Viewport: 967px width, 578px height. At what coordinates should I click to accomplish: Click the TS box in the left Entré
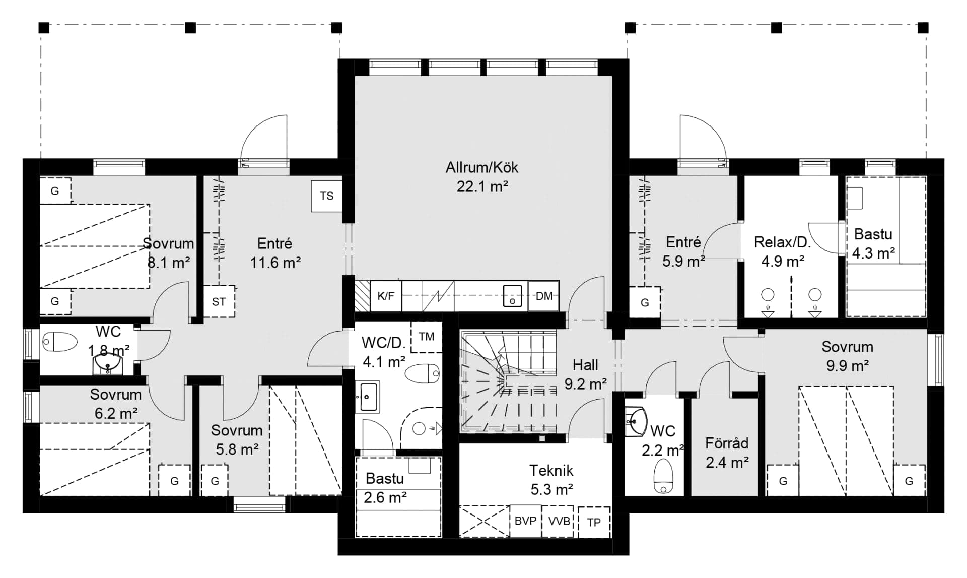327,196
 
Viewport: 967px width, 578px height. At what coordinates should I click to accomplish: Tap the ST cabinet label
219,302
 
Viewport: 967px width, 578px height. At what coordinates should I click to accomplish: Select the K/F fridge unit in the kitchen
386,296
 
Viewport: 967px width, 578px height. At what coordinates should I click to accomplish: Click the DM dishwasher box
544,296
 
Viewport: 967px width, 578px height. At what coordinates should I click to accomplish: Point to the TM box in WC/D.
427,337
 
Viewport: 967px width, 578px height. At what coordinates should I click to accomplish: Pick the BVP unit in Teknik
525,521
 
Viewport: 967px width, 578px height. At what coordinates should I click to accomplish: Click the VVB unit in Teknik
559,521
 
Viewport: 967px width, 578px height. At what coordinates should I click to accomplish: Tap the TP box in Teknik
594,522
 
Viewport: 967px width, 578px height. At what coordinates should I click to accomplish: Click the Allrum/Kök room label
482,167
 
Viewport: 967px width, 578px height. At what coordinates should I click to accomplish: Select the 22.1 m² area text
482,187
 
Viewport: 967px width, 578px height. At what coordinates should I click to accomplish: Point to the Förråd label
727,443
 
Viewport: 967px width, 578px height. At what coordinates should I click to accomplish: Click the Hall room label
585,365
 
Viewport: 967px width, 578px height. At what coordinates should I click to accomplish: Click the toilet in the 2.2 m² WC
663,476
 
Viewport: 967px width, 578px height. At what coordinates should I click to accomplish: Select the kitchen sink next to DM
512,296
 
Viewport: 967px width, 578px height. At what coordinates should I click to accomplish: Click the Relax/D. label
782,242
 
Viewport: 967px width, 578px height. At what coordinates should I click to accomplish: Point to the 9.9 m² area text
848,366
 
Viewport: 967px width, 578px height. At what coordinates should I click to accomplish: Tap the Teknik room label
551,470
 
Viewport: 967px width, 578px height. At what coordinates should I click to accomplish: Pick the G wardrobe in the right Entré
645,303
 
